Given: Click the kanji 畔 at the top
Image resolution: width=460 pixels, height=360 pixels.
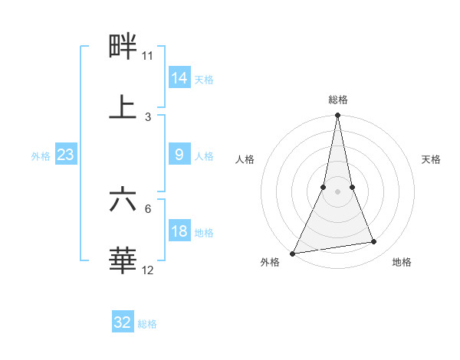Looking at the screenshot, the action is tap(123, 47).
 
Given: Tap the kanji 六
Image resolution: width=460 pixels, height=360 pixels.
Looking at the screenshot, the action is tap(123, 200).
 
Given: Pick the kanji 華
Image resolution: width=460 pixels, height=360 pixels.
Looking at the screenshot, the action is tap(123, 260).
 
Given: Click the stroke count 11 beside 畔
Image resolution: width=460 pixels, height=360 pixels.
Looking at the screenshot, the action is tap(148, 56).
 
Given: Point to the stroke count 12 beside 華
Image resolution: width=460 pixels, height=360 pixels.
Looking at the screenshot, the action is tap(148, 270).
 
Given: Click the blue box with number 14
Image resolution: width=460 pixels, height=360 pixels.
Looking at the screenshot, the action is tap(179, 78).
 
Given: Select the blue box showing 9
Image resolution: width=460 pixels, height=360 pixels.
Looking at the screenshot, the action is tap(179, 155).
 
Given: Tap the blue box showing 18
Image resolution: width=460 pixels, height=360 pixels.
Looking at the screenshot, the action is tap(179, 231).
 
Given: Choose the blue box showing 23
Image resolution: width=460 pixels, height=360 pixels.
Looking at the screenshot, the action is tap(65, 155).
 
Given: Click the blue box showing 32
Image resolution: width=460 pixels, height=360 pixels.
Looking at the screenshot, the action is tap(123, 322).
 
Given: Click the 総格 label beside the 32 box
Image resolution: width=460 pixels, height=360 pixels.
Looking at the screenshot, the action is tap(147, 324).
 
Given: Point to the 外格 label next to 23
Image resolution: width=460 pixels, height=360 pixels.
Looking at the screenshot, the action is tap(41, 156).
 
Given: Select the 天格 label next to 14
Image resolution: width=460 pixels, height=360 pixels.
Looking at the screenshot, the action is tap(204, 80).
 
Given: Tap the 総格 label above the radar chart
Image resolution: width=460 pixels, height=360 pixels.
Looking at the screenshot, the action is tap(337, 100).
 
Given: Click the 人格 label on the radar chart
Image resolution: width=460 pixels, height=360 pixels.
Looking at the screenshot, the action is tap(245, 159).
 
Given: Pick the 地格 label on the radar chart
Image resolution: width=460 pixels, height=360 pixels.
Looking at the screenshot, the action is tap(402, 262).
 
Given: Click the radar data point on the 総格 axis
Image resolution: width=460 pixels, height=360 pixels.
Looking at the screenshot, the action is tap(337, 116).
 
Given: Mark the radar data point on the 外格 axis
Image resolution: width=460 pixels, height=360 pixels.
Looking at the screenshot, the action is tap(293, 253).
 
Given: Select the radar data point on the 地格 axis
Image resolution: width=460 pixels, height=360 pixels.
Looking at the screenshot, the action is tap(374, 242).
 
